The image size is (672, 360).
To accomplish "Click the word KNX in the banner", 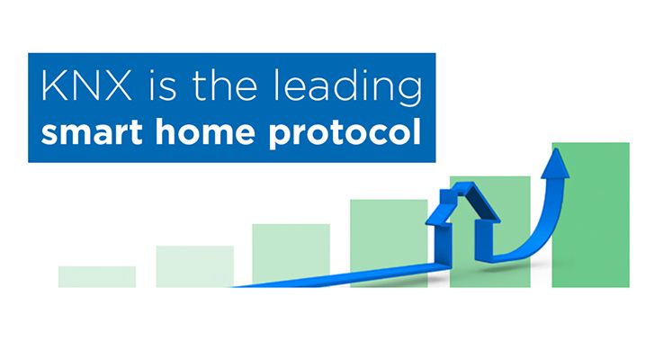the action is click(86, 85).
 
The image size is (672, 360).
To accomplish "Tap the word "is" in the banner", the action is click(162, 85).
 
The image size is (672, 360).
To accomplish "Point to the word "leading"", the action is click(347, 89).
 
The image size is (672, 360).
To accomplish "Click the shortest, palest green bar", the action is click(97, 277).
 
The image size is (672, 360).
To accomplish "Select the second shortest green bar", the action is click(194, 266).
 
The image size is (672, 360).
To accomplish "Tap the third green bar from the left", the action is click(291, 256).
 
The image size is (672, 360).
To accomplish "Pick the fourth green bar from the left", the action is click(389, 243).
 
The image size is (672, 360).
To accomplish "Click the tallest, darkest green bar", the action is click(590, 215).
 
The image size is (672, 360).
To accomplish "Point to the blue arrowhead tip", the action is click(556, 148).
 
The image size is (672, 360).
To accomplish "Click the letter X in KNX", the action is click(117, 86).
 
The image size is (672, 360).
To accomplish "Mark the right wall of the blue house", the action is click(484, 240).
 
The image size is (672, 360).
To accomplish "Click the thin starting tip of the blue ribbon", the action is click(231, 287).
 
